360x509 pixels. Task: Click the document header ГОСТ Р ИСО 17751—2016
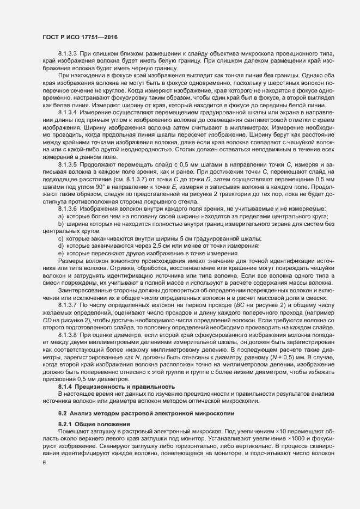tap(80, 38)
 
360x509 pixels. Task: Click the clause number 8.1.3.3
tap(69, 55)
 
